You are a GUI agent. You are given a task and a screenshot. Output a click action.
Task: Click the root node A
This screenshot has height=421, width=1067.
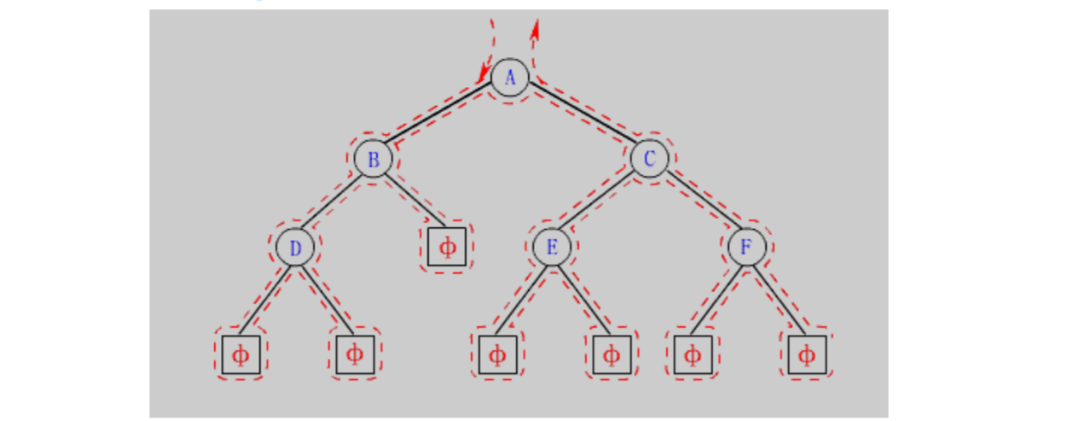510,77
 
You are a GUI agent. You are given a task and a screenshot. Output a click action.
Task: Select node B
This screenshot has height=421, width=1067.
373,159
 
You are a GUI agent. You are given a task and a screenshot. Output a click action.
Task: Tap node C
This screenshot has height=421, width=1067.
650,159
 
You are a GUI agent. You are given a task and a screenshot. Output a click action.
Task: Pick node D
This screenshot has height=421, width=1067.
295,248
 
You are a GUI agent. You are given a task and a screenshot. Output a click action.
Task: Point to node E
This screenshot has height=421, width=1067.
552,248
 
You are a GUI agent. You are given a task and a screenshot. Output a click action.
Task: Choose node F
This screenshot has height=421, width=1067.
747,248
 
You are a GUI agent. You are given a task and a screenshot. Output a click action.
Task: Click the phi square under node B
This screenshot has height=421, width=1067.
447,248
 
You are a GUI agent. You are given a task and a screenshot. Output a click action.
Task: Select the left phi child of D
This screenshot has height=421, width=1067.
241,354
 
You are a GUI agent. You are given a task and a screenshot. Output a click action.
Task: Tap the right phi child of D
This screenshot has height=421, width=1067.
356,354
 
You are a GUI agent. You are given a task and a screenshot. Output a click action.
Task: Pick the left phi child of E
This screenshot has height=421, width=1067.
498,354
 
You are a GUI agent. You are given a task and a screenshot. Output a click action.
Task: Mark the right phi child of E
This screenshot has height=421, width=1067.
612,354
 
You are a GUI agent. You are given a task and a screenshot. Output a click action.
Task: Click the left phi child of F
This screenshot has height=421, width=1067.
693,354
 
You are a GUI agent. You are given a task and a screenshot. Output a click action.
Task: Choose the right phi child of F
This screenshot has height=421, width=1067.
807,354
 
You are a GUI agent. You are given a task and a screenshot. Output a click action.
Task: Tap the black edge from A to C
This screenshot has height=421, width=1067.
580,118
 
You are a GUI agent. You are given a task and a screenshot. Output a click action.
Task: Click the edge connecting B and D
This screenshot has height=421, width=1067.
334,203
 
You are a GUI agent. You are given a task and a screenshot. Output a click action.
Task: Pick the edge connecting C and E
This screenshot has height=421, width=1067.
601,203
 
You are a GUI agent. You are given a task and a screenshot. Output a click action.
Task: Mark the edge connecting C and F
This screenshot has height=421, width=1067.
699,203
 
